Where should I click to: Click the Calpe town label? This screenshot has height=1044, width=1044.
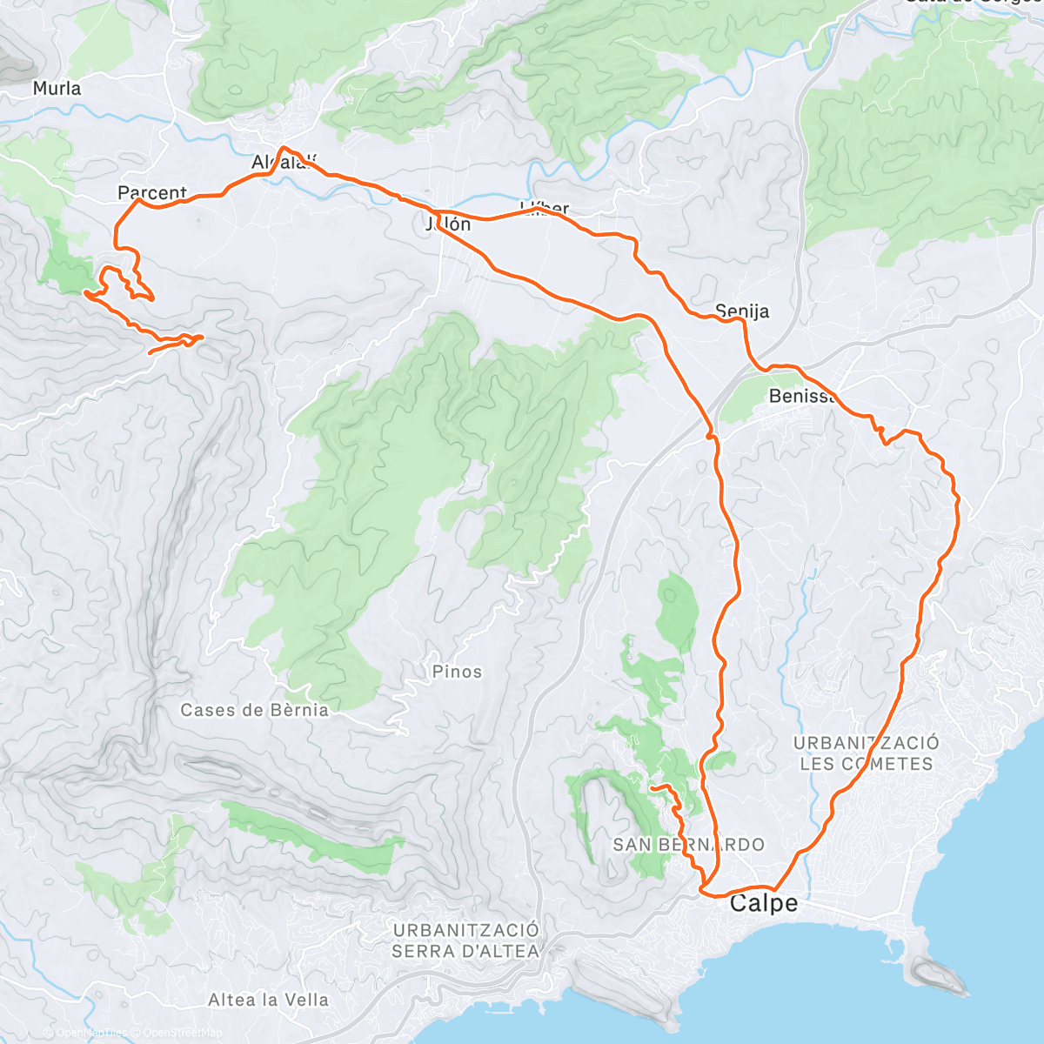(x=763, y=903)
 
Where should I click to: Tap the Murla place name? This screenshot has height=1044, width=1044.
(x=57, y=88)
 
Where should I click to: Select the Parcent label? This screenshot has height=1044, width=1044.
(x=152, y=192)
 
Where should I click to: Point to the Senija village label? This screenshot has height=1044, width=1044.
(x=742, y=311)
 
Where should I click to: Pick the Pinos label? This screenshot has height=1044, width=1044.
(x=457, y=672)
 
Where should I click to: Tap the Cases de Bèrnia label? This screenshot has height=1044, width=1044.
(x=255, y=710)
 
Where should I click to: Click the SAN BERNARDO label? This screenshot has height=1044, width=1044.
(x=688, y=845)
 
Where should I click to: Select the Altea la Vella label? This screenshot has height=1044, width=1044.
(x=268, y=1000)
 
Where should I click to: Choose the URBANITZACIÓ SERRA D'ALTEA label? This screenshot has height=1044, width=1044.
(x=465, y=940)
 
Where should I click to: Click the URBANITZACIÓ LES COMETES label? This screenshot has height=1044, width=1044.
(x=866, y=753)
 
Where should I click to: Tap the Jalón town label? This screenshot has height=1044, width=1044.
(x=448, y=224)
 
